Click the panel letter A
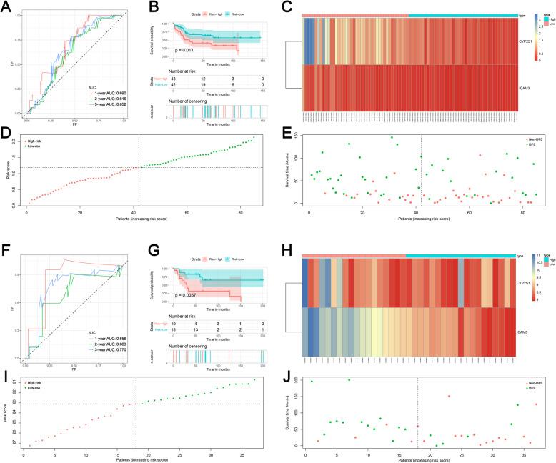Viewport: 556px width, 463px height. click(x=6, y=6)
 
